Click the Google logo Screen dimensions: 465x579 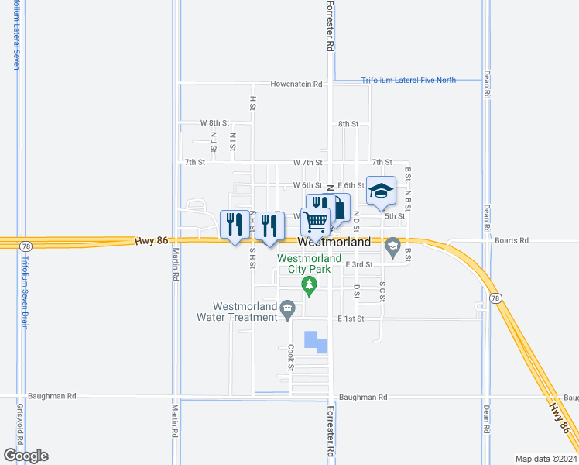click(x=26, y=455)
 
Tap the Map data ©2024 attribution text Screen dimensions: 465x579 click(x=546, y=459)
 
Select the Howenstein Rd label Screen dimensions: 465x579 click(x=296, y=84)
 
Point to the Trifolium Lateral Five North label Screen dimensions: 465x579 click(x=409, y=80)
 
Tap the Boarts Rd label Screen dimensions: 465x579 click(x=513, y=240)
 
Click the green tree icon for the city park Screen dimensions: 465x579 click(x=310, y=287)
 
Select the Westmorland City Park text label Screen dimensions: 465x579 click(x=304, y=263)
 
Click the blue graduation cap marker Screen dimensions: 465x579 click(x=381, y=191)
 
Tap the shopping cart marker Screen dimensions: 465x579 click(x=316, y=222)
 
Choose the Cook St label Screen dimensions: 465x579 click(x=291, y=357)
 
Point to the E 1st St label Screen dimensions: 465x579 click(x=350, y=319)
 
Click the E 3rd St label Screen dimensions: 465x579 click(x=359, y=264)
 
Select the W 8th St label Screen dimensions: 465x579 click(x=214, y=123)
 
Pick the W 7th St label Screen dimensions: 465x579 click(x=307, y=162)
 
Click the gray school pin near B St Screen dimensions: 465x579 click(x=392, y=246)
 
